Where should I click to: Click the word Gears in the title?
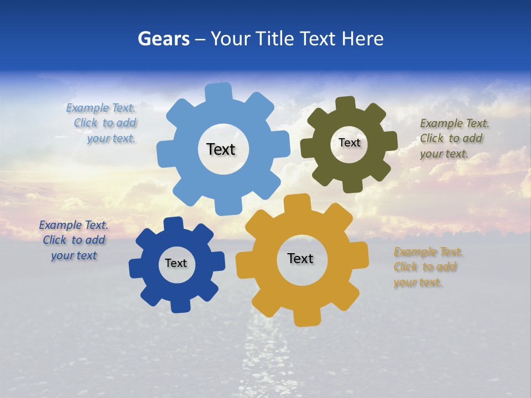pyautogui.click(x=163, y=39)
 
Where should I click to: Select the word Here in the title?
pyautogui.click(x=362, y=39)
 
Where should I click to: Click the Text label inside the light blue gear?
pyautogui.click(x=221, y=149)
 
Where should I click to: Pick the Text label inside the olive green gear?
pyautogui.click(x=349, y=143)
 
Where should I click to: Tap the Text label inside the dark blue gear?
pyautogui.click(x=176, y=264)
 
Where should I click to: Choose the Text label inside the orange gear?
pyautogui.click(x=300, y=259)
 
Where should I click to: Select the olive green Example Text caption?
pyautogui.click(x=452, y=138)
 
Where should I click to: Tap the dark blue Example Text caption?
pyautogui.click(x=74, y=240)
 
